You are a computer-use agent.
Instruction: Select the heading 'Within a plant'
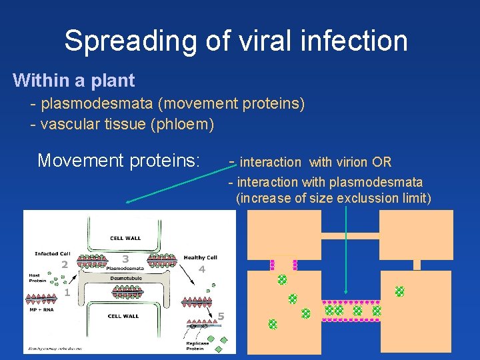74,81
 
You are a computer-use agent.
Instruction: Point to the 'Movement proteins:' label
119,161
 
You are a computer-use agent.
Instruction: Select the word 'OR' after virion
382,162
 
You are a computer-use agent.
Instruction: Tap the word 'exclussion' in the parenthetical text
365,198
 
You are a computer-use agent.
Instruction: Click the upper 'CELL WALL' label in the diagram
125,238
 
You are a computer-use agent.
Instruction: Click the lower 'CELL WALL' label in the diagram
123,316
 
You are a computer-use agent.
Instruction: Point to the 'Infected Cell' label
52,254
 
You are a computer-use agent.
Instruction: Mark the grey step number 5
222,315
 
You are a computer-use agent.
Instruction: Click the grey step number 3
125,259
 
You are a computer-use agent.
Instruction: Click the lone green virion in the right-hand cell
399,291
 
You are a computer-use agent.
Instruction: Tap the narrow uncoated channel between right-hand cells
417,265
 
